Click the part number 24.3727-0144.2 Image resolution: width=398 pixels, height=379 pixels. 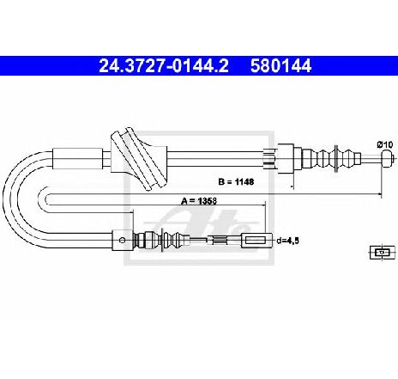coord(164,66)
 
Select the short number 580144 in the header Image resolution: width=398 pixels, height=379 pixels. coord(280,66)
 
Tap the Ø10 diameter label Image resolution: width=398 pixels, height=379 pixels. coord(384,144)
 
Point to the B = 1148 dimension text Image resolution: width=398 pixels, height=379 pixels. coord(236,181)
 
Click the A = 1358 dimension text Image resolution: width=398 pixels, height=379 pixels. coord(199,201)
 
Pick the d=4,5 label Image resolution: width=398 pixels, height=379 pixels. coord(287,241)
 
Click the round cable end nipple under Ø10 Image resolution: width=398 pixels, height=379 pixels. coord(388,158)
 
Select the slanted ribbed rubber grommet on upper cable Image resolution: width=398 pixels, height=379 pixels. coord(139,158)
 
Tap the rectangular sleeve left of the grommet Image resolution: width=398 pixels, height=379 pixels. coord(78,158)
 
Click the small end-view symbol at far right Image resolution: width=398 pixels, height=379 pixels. coord(382,253)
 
